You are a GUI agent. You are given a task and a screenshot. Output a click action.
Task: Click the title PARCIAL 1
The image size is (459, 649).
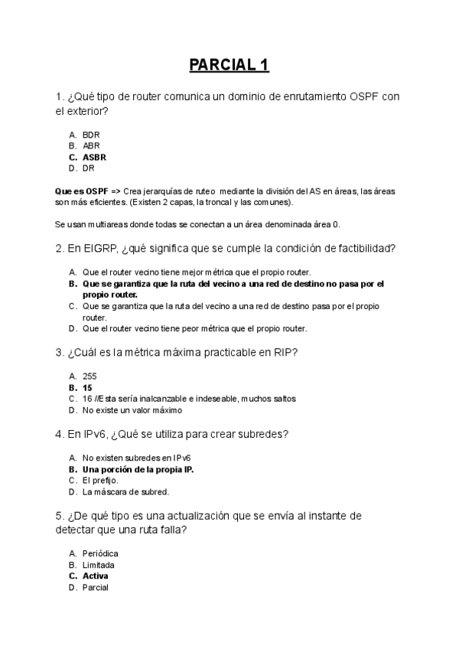click(229, 65)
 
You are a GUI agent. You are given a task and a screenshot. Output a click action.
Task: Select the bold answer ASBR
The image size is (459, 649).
click(94, 157)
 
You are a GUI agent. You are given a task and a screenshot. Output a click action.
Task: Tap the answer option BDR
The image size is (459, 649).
click(91, 134)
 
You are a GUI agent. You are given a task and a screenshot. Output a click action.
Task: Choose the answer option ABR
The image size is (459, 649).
click(91, 145)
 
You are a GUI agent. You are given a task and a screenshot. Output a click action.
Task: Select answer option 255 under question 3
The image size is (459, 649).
click(90, 376)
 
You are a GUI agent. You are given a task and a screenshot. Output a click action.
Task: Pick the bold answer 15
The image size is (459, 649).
click(87, 387)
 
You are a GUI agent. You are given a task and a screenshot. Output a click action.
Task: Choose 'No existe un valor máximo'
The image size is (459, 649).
click(126, 410)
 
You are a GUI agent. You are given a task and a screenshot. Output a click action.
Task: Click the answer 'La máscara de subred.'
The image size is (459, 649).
click(125, 492)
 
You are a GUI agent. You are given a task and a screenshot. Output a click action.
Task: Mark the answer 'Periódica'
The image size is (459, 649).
click(100, 553)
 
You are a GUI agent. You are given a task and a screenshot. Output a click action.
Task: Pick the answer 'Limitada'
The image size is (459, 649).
click(99, 565)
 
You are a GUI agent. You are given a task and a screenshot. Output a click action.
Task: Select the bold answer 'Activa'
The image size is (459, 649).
click(96, 576)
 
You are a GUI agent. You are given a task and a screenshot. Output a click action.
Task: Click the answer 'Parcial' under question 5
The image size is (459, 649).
click(96, 588)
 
